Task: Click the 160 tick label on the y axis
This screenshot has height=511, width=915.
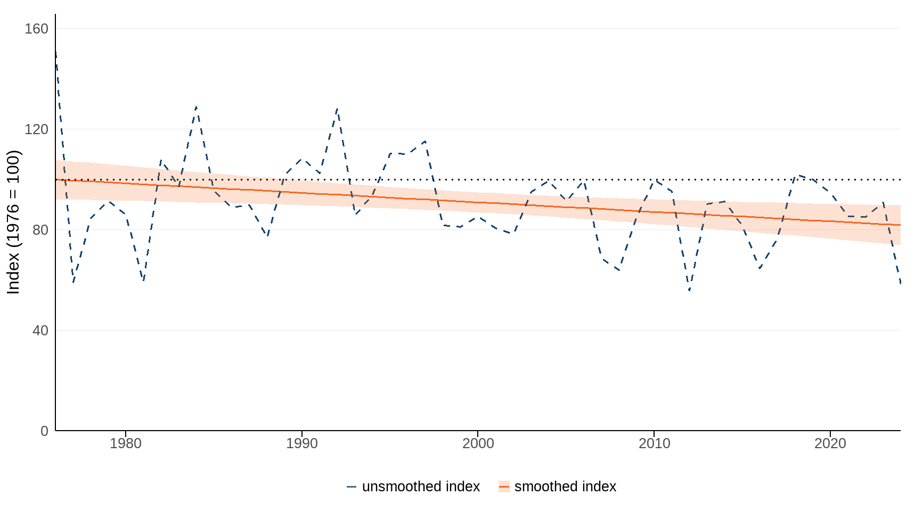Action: point(36,29)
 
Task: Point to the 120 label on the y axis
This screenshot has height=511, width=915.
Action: point(36,129)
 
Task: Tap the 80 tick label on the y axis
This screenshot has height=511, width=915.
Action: point(40,230)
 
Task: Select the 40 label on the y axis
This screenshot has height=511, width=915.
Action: point(40,331)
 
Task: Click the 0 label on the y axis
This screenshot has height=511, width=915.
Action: point(44,431)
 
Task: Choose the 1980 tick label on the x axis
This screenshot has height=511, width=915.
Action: point(126,443)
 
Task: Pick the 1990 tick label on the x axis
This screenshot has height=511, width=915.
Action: point(302,443)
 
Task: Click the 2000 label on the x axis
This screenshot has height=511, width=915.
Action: point(478,443)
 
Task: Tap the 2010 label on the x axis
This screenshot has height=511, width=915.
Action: point(654,443)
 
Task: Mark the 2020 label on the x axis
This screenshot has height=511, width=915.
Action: point(830,443)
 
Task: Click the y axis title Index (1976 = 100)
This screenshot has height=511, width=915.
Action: point(13,222)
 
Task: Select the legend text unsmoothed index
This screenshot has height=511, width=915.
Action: point(421,487)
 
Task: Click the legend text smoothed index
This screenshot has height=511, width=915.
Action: point(565,487)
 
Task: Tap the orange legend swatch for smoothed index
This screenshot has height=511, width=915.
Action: point(504,487)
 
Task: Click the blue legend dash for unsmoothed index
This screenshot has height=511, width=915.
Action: point(352,487)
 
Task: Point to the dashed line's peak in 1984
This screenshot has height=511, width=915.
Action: point(196,106)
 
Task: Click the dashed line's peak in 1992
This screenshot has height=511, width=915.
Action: point(337,109)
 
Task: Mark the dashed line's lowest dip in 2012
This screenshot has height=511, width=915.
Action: point(689,291)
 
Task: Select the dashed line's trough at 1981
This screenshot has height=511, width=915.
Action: point(143,280)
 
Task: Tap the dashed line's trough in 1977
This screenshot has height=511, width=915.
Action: point(73,282)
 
